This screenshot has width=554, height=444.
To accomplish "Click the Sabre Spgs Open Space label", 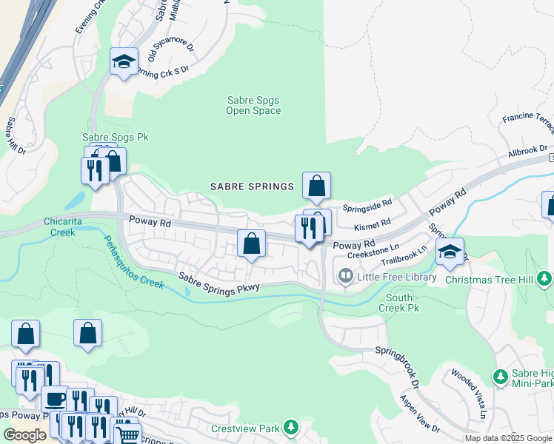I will [x=253, y=105].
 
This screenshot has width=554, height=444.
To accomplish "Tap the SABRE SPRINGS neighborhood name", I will [x=252, y=186].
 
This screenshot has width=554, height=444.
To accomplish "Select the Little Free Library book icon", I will [x=345, y=277].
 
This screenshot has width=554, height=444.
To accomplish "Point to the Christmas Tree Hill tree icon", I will [x=544, y=277].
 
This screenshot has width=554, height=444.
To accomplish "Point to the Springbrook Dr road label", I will [x=396, y=364].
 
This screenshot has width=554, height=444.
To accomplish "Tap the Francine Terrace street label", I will [x=528, y=118].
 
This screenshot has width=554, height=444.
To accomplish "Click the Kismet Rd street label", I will [x=373, y=223].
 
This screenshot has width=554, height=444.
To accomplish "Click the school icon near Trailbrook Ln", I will [x=450, y=252].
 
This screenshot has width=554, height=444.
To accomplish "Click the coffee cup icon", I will [x=55, y=400].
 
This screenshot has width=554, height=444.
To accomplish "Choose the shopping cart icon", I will [x=127, y=434].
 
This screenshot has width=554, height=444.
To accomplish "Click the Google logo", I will [x=24, y=435].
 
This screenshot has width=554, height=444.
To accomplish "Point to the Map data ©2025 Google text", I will [x=509, y=438].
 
